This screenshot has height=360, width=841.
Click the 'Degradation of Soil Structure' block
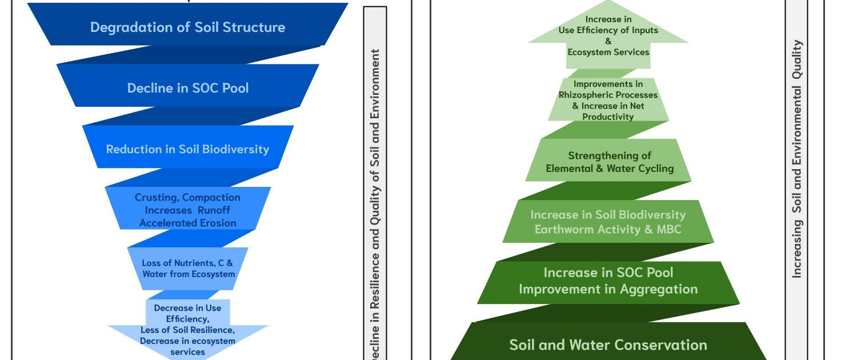[x=187, y=26]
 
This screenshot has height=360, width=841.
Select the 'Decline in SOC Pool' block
[x=187, y=87]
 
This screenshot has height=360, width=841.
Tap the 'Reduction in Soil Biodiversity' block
[x=187, y=149]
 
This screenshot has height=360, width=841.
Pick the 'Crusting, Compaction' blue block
[x=187, y=209]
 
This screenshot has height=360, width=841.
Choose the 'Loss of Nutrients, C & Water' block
[x=188, y=268]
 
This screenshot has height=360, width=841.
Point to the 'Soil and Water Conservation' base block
[x=608, y=345]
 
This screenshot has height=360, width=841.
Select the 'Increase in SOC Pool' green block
[x=608, y=281]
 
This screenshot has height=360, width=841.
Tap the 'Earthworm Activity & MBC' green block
[x=608, y=222]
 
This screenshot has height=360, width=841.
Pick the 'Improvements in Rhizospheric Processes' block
[x=608, y=100]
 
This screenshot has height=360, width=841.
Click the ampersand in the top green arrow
[x=608, y=41]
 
